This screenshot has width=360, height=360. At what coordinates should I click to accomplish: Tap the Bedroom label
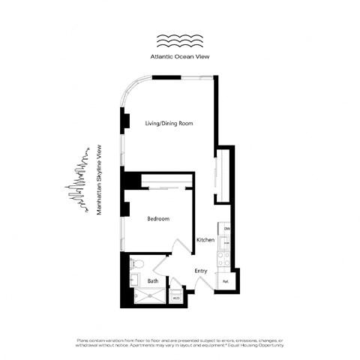[x=157, y=218]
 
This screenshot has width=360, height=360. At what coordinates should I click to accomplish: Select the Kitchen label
[x=205, y=240]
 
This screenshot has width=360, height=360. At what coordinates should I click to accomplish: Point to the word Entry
[x=200, y=271]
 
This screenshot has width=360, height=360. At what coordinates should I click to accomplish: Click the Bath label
[x=152, y=281]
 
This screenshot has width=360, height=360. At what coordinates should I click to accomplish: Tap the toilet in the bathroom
[x=137, y=263]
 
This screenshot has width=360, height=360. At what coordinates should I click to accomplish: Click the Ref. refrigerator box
[x=225, y=281]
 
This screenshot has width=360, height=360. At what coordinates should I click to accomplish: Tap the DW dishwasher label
[x=226, y=228]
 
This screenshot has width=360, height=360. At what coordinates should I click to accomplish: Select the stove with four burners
[x=223, y=259]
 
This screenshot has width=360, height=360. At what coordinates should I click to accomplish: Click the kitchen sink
[x=223, y=241]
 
